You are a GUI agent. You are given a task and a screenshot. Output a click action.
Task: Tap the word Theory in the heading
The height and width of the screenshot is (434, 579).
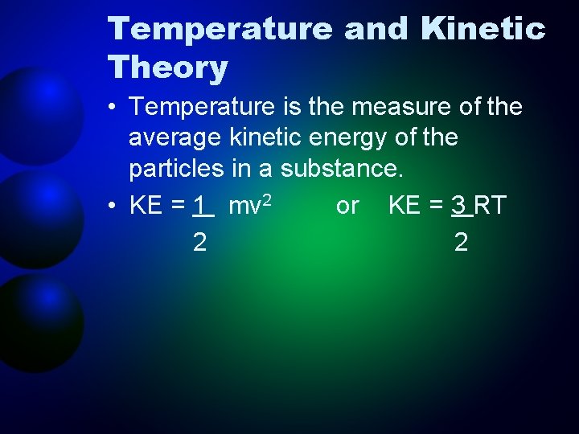click(168, 68)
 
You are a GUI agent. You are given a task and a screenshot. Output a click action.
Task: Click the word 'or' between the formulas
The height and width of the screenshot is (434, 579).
click(347, 206)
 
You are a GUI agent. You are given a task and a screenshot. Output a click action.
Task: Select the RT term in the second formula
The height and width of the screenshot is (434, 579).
click(491, 206)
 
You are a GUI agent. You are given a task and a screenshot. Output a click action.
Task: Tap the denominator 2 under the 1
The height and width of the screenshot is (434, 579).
click(199, 243)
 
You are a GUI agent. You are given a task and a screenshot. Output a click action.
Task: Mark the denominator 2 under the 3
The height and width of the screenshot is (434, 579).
click(461, 243)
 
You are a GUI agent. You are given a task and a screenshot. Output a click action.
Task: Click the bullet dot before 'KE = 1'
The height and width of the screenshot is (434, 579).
click(115, 207)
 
